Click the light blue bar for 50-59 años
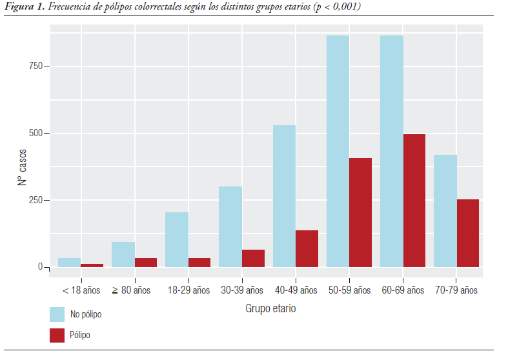click(338, 151)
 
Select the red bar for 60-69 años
click(414, 201)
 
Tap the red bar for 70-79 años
click(467, 233)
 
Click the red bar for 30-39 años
click(253, 258)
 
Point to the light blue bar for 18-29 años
click(177, 239)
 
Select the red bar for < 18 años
click(92, 265)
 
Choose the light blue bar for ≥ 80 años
click(123, 254)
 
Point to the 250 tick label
click(35, 200)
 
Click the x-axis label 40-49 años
click(296, 290)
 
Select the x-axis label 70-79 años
click(456, 290)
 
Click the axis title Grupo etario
click(270, 308)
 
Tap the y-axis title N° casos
click(22, 166)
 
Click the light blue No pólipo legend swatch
click(57, 314)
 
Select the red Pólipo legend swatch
click(57, 335)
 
